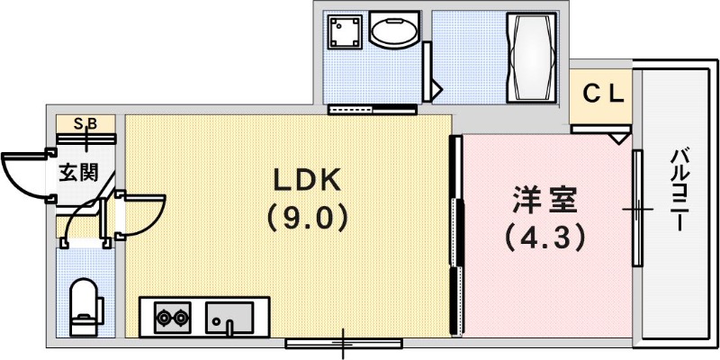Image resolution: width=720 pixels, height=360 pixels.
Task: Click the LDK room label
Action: coord(307,180)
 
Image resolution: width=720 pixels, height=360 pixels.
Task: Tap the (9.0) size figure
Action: coord(307,218)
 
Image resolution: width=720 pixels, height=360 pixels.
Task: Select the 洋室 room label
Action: coord(544,198)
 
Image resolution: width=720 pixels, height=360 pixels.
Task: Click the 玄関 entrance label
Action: coord(79,173)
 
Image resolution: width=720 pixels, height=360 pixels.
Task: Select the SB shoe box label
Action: coord(85,123)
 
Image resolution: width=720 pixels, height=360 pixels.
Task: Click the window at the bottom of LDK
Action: coord(343,343)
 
